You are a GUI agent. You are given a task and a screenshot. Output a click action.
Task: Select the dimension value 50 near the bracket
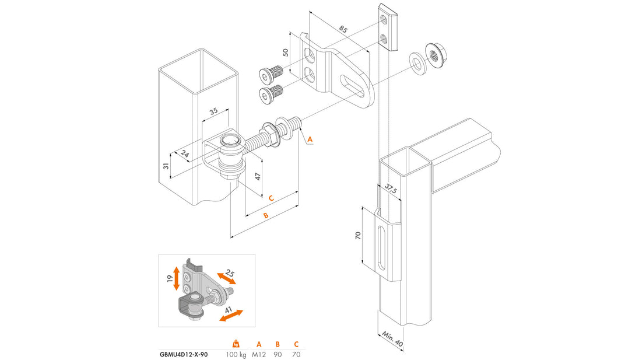click(x=286, y=53)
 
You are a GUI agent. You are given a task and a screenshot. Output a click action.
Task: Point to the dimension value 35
click(x=213, y=110)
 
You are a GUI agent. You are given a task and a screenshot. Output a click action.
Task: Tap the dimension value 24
click(x=185, y=154)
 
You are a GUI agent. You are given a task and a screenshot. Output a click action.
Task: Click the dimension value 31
click(x=166, y=166)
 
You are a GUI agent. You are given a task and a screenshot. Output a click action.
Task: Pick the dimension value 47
click(x=258, y=176)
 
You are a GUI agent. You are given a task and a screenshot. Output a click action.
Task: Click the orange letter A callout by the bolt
click(x=310, y=139)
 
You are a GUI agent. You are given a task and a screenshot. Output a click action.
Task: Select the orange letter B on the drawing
click(x=265, y=215)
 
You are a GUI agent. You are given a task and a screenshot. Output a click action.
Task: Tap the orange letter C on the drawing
click(x=271, y=198)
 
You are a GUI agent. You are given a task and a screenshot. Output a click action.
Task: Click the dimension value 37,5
click(x=390, y=190)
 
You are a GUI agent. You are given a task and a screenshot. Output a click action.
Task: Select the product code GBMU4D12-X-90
click(x=183, y=354)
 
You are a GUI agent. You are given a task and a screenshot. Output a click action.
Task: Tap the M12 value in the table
click(x=259, y=354)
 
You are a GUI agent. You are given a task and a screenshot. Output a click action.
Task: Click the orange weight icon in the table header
click(x=236, y=342)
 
